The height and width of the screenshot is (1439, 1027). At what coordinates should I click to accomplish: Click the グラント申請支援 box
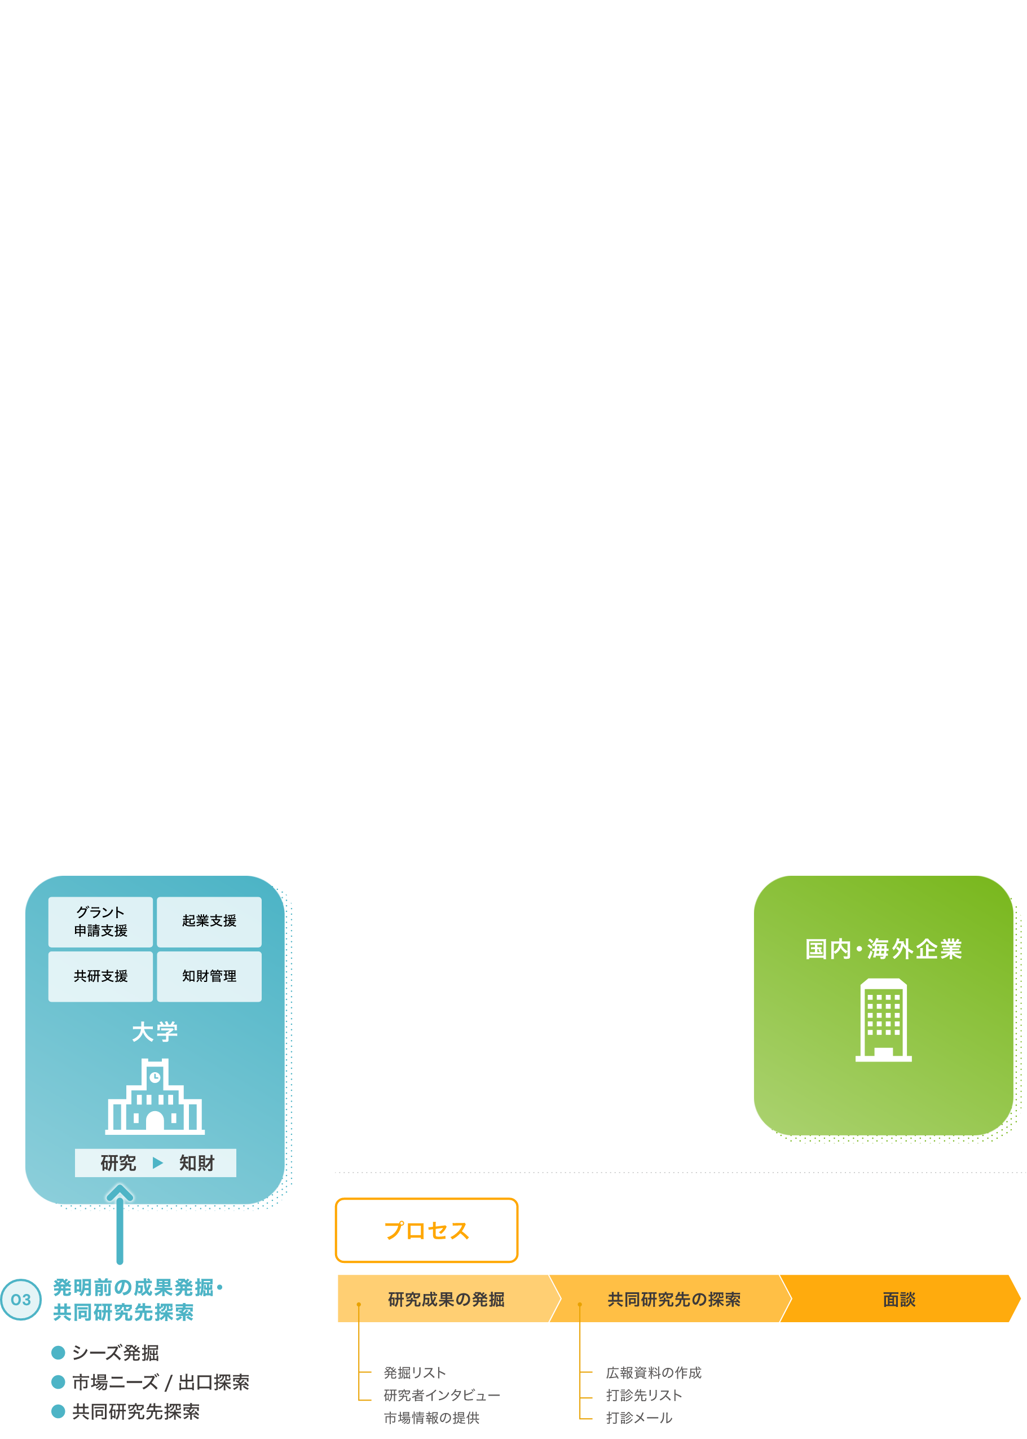[100, 922]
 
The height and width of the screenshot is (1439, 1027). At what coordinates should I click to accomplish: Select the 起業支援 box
[209, 922]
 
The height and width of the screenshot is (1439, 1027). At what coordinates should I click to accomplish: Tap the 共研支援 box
[100, 976]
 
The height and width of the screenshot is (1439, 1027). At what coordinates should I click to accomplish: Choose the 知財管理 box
[209, 976]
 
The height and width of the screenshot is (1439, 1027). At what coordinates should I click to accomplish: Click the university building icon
[155, 1096]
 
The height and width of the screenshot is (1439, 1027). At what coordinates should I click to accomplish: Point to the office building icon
[883, 1020]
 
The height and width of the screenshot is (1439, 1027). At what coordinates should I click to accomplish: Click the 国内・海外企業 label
[883, 949]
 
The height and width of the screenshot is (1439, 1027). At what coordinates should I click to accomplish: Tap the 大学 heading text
[155, 1032]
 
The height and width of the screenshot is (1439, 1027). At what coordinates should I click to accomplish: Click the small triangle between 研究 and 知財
[157, 1163]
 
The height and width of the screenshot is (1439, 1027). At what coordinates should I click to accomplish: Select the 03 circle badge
[21, 1300]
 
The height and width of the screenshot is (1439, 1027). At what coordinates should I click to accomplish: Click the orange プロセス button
[426, 1231]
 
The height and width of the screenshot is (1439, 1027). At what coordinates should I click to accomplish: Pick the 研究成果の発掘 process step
[446, 1299]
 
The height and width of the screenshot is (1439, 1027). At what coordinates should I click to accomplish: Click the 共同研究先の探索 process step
[673, 1299]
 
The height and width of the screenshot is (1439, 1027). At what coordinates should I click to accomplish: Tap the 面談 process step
[898, 1299]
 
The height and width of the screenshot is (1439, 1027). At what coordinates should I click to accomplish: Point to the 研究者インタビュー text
[442, 1396]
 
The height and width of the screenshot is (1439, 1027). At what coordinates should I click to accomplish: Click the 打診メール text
[639, 1418]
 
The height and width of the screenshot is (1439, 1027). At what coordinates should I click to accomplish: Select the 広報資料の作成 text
[653, 1372]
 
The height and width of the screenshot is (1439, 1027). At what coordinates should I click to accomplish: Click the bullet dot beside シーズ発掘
[58, 1353]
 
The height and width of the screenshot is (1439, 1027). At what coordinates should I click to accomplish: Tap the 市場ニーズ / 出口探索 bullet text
[161, 1383]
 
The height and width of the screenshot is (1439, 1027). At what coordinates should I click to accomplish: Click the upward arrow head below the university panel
[120, 1194]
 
